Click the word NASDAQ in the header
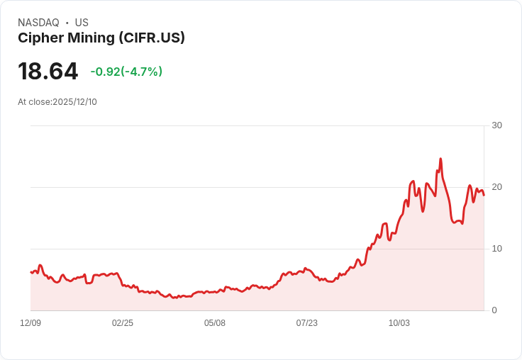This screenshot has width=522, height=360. (38, 23)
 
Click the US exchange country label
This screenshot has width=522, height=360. (82, 23)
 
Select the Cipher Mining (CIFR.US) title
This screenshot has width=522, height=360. (101, 38)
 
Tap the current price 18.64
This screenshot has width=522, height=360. (48, 71)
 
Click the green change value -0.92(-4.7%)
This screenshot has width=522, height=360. (126, 72)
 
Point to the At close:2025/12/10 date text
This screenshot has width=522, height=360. (57, 102)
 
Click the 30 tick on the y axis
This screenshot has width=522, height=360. (496, 125)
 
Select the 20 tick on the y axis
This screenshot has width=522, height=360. (496, 187)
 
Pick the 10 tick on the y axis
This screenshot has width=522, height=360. (496, 249)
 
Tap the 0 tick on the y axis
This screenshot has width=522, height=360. (494, 310)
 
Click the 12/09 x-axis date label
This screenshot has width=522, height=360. (30, 323)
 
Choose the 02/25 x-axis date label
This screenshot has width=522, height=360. (123, 323)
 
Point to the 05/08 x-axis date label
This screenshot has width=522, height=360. (215, 323)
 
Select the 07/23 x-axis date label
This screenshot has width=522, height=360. (307, 323)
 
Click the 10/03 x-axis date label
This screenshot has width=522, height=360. (399, 323)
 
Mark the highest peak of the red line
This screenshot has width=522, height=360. (440, 159)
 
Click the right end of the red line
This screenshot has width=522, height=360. (484, 195)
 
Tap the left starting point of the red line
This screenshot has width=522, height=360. (31, 272)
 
